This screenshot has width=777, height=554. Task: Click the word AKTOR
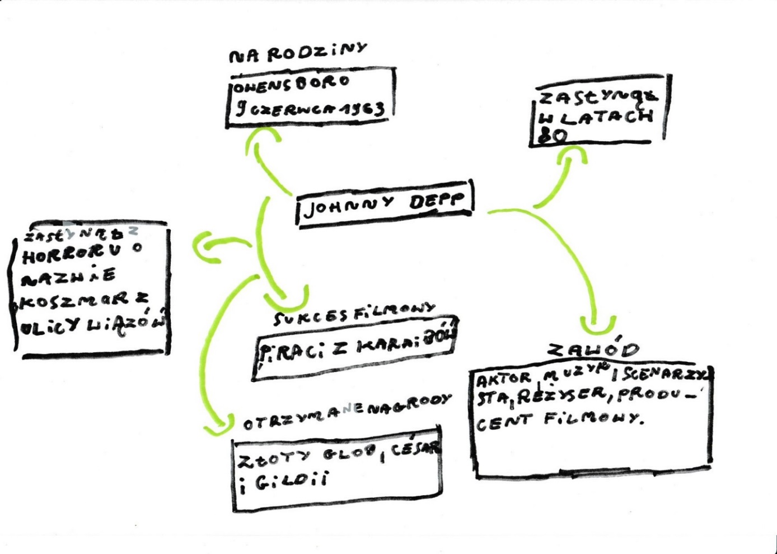503,379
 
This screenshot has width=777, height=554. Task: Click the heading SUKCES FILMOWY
354,314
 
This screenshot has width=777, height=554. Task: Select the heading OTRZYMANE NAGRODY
347,413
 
